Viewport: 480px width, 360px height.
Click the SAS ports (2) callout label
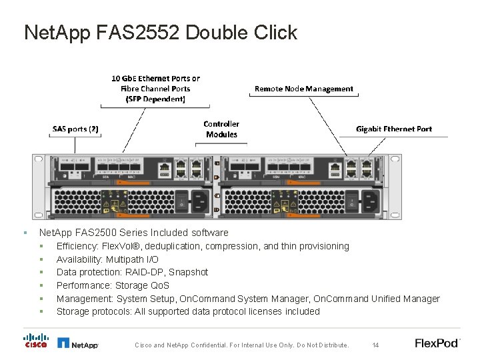click(x=75, y=129)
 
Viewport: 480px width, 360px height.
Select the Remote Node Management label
click(x=304, y=89)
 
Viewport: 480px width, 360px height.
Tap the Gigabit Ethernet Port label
click(x=393, y=129)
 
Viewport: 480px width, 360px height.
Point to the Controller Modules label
click(x=221, y=129)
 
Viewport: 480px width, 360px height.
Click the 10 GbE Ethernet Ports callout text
click(x=155, y=89)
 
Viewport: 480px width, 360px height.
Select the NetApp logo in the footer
click(x=78, y=344)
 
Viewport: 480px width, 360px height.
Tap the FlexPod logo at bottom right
click(x=437, y=343)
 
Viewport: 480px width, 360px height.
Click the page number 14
click(x=375, y=345)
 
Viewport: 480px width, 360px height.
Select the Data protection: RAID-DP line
click(x=132, y=272)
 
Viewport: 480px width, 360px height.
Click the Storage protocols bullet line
click(x=188, y=311)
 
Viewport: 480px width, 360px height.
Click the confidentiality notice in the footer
click(x=241, y=345)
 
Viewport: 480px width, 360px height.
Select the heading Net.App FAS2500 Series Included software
click(x=133, y=233)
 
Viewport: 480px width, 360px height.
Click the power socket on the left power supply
click(x=199, y=198)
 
